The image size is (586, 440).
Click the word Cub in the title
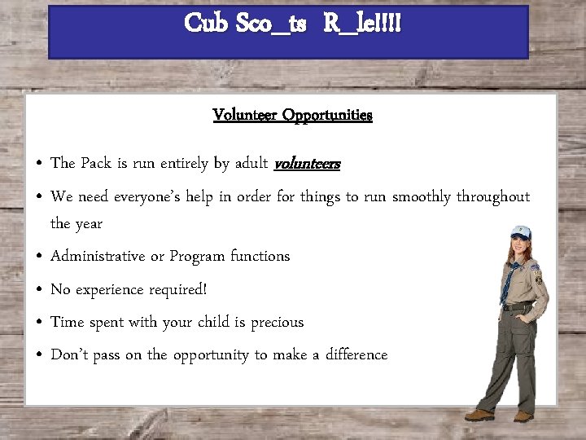[204, 23]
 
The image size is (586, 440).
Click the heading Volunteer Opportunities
[292, 115]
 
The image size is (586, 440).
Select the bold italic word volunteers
[308, 164]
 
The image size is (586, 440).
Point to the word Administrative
[98, 256]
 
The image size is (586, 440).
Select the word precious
[277, 322]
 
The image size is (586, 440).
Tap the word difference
[356, 354]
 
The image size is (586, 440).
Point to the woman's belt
[518, 306]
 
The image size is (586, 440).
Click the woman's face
[518, 245]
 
